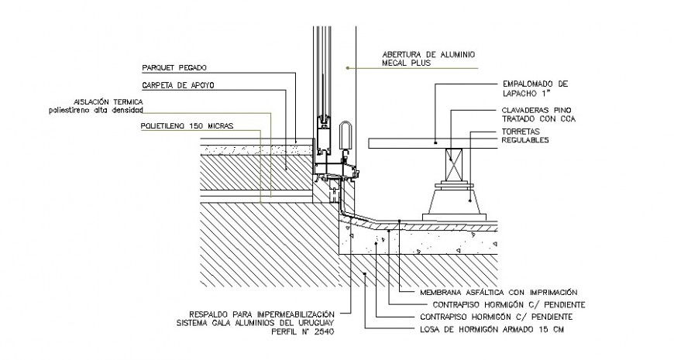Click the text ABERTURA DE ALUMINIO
tap(428, 55)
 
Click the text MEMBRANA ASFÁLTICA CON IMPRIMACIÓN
tap(498, 293)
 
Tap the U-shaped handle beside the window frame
tap(346, 135)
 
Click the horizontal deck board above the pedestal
tap(434, 142)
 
